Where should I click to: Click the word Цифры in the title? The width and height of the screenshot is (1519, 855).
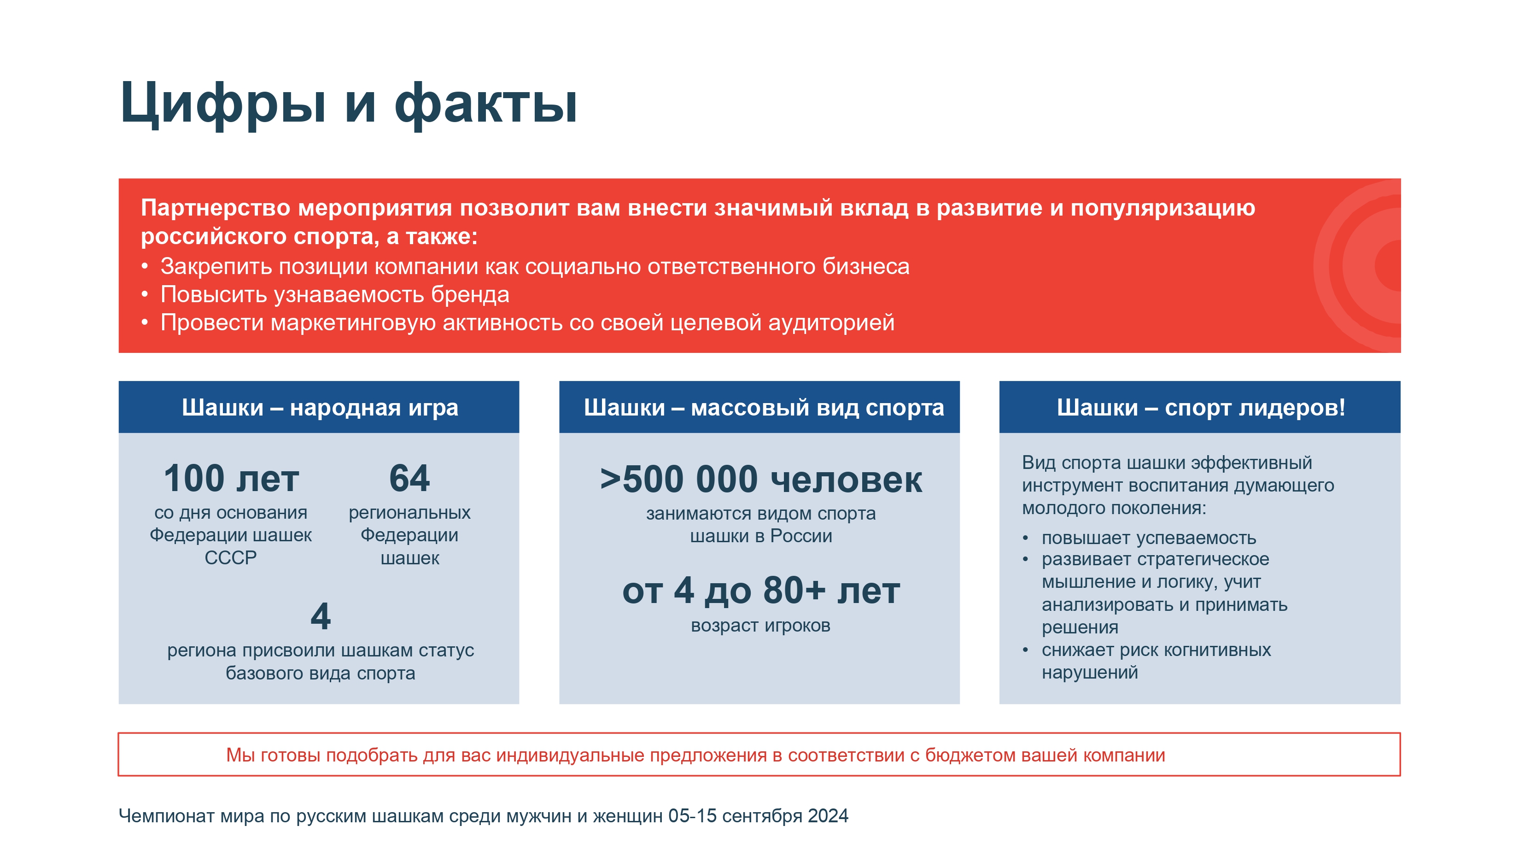[x=223, y=103]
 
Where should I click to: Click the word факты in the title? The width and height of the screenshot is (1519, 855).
[x=486, y=103]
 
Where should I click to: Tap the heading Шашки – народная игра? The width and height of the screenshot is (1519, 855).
[x=320, y=407]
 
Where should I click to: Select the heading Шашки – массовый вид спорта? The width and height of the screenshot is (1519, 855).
[x=764, y=407]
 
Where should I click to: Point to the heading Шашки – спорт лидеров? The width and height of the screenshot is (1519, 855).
[x=1201, y=407]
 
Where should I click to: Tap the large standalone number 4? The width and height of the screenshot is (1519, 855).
[x=320, y=616]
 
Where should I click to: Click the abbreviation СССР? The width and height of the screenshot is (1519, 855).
[x=231, y=557]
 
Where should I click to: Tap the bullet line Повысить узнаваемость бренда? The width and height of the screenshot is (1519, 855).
[x=335, y=294]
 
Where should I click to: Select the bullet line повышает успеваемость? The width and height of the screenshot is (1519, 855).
[x=1149, y=538]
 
